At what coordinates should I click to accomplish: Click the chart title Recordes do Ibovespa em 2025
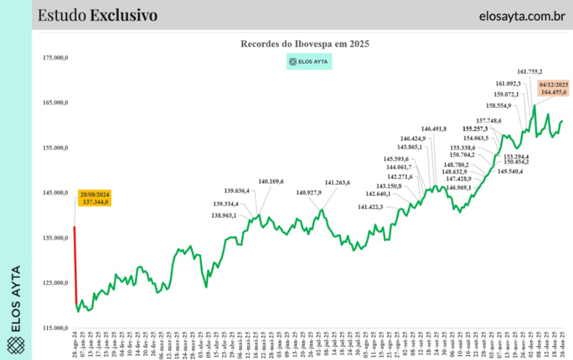tap(305, 44)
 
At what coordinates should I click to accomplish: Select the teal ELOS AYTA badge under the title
tap(309, 62)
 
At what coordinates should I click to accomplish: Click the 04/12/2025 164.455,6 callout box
tap(553, 88)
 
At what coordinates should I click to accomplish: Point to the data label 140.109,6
tap(271, 181)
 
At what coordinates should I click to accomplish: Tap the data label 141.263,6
tap(337, 183)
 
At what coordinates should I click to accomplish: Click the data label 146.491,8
tap(434, 129)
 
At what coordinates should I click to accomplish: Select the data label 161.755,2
tap(514, 72)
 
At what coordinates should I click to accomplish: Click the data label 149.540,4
tap(510, 171)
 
